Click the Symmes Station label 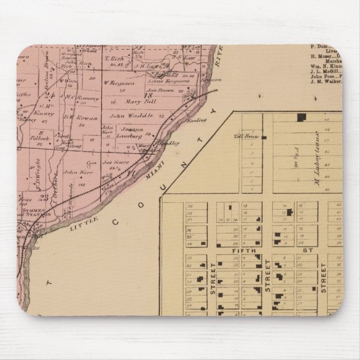point(37,212)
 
